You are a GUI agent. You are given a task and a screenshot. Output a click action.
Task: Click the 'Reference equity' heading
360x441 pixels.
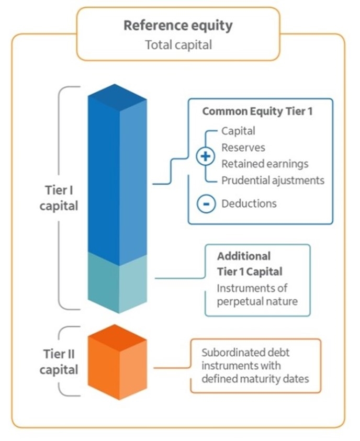(178, 26)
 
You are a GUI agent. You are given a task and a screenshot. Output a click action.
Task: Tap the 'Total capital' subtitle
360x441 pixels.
(178, 45)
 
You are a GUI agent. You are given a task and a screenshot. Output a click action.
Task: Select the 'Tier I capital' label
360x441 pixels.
(59, 198)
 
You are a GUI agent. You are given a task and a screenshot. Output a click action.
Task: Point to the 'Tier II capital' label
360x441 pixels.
(59, 361)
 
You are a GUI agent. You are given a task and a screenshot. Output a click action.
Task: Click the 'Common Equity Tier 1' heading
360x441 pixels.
(257, 111)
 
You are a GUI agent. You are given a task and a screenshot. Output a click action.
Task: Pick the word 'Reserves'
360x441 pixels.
(243, 148)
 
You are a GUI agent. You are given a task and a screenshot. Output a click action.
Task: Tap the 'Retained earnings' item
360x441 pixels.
(265, 164)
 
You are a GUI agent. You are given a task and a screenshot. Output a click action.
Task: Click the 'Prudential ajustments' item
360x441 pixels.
(273, 180)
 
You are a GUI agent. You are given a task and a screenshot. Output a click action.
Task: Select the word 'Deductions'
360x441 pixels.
(249, 203)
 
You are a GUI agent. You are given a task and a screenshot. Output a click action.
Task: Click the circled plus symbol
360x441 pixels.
(206, 156)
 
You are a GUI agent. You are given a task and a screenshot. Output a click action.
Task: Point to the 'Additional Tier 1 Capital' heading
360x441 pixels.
(250, 264)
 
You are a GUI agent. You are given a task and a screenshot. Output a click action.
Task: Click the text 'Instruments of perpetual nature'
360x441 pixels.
(257, 295)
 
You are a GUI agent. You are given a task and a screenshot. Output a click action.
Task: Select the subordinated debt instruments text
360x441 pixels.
(255, 365)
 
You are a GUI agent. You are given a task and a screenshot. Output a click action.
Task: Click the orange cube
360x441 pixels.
(117, 362)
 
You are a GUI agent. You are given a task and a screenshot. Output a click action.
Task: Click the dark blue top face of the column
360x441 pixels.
(117, 97)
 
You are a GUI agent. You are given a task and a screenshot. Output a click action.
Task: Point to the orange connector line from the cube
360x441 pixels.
(172, 368)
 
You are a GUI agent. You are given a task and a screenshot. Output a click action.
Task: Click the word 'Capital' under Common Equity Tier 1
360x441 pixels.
(238, 131)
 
